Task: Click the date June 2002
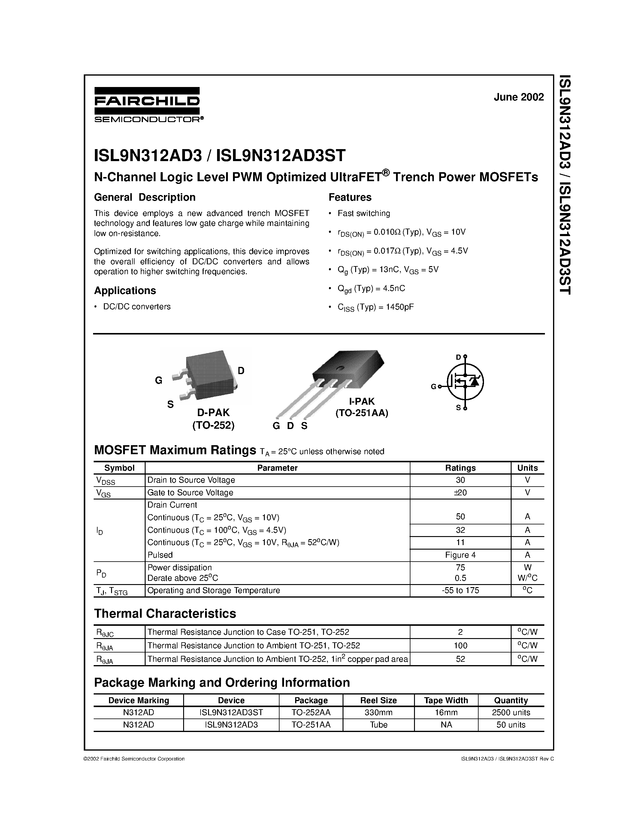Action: (x=519, y=97)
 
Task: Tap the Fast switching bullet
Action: (x=364, y=213)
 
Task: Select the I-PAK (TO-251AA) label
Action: (x=362, y=407)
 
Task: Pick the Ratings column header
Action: (x=460, y=468)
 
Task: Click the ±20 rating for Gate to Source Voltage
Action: (x=460, y=493)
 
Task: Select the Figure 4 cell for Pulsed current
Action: (x=460, y=555)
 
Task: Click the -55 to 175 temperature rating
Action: (x=460, y=590)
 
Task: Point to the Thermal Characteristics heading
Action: (x=165, y=614)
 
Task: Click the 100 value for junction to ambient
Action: (x=460, y=646)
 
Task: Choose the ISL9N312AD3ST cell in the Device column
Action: (x=231, y=712)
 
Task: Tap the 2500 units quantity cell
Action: (x=511, y=712)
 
